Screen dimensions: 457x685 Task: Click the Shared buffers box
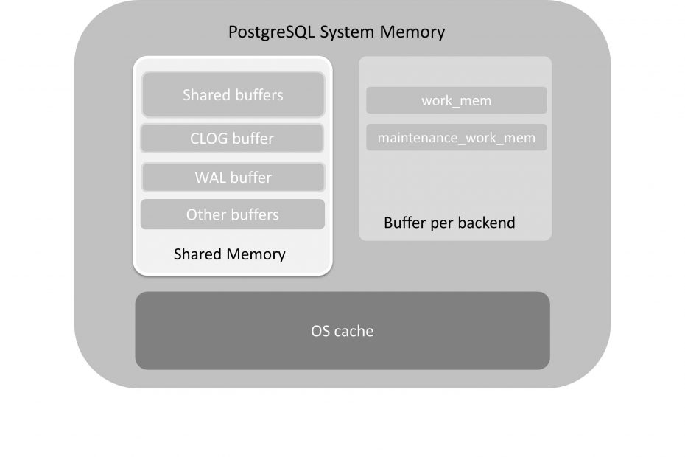click(233, 94)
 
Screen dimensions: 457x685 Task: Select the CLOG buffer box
click(233, 139)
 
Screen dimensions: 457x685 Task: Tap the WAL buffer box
click(233, 178)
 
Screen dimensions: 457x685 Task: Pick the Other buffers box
click(233, 214)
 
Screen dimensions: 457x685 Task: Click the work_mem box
click(456, 100)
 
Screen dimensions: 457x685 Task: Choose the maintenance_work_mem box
click(456, 138)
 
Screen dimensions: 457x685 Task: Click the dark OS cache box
click(342, 331)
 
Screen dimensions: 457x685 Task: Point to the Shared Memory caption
click(229, 254)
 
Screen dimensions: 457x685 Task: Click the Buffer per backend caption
click(449, 222)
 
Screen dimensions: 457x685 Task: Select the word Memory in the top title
click(415, 32)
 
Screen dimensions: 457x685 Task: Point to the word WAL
click(210, 178)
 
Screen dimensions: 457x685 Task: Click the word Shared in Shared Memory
click(197, 254)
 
